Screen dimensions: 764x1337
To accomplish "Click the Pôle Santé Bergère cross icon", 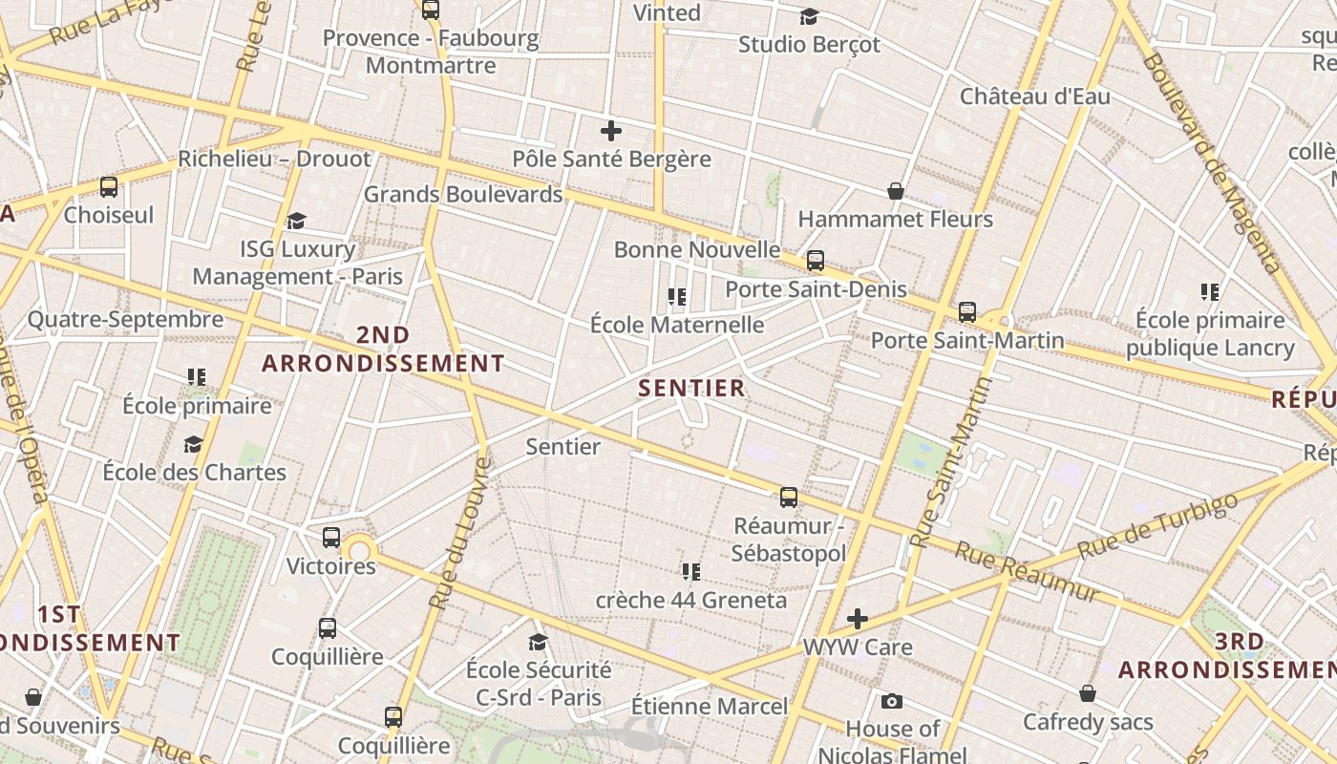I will click(611, 131).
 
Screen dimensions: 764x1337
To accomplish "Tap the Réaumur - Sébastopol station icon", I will click(789, 497).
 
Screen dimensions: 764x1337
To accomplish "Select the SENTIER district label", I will click(691, 388).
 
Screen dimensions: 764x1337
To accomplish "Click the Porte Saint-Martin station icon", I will click(967, 311).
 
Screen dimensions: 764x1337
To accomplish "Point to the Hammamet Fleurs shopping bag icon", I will click(896, 192).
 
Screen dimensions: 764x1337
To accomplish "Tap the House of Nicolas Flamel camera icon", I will click(892, 702).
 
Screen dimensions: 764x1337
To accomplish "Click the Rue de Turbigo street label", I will click(1157, 526).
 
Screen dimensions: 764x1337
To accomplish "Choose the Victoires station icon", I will click(331, 538).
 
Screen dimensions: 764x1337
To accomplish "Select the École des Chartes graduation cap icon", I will click(194, 445).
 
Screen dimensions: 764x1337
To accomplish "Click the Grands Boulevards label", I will click(463, 195).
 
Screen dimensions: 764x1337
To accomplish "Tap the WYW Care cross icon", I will click(858, 619).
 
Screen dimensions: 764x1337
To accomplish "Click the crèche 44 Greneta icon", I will click(691, 572).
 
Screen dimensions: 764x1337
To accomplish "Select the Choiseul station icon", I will click(109, 187).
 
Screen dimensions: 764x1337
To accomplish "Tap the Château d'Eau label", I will click(1035, 96).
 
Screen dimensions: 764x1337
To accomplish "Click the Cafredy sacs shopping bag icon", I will click(1088, 693).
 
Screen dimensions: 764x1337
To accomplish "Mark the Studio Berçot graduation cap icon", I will click(809, 17).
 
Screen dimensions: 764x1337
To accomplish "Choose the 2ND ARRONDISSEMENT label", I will click(383, 350).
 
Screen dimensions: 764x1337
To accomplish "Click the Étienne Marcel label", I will click(710, 707).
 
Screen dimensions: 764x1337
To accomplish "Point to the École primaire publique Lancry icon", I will click(1210, 292).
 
